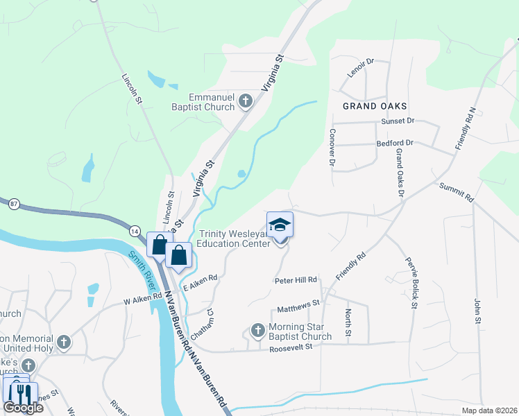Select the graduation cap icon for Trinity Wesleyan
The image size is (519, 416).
click(x=280, y=225)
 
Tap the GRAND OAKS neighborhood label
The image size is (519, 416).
click(x=374, y=106)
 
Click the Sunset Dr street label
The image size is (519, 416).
click(x=397, y=121)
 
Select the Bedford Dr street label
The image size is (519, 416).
click(x=395, y=144)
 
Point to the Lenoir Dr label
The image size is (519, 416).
click(x=361, y=68)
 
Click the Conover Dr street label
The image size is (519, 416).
click(x=332, y=147)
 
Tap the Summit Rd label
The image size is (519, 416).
click(x=456, y=192)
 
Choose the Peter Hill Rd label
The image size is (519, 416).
click(x=296, y=280)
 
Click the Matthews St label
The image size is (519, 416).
click(x=298, y=303)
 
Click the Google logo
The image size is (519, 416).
click(x=22, y=408)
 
